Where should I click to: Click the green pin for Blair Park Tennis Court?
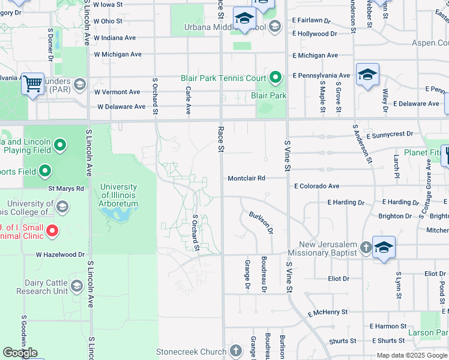tap(275, 77)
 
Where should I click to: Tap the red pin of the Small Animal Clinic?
tap(52, 230)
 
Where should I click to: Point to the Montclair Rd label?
tap(246, 178)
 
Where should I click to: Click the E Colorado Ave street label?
tap(316, 187)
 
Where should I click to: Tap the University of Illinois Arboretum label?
tap(119, 196)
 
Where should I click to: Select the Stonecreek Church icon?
tap(236, 351)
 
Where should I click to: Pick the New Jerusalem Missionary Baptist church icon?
tap(366, 247)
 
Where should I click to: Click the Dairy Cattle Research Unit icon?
tap(76, 286)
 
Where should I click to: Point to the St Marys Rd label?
tap(66, 188)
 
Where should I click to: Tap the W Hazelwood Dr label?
tap(60, 254)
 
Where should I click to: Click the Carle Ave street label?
tap(188, 101)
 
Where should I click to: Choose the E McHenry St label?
tap(328, 313)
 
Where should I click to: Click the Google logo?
tap(20, 353)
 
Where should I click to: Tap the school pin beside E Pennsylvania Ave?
tap(367, 75)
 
